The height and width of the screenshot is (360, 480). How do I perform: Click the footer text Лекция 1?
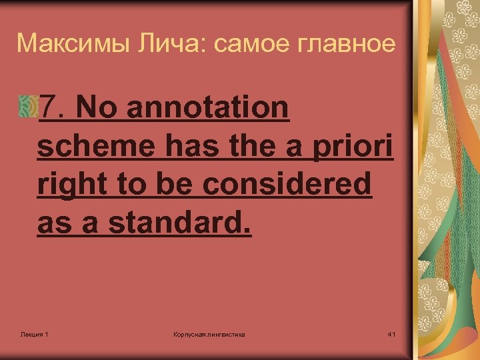click(x=33, y=333)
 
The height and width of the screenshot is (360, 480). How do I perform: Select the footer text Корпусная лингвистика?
click(x=209, y=333)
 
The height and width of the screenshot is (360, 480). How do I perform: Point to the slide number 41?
click(x=391, y=333)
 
